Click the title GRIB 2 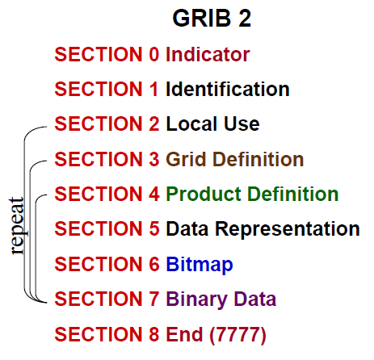coord(212,19)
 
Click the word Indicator coord(208,55)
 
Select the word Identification coord(227,89)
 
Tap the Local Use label coord(212,124)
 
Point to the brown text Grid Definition coord(234,159)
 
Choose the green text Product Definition coord(252,194)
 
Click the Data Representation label coord(263,229)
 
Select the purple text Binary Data coord(221,299)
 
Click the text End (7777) coord(215,333)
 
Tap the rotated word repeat coord(17,225)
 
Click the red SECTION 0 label coord(107,55)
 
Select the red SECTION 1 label coord(107,89)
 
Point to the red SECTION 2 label coord(107,124)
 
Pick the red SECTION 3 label coord(107,159)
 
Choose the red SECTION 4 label coord(107,194)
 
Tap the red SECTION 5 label coord(107,229)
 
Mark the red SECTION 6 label coord(107,264)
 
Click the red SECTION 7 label coord(107,299)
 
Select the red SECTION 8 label coord(107,333)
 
